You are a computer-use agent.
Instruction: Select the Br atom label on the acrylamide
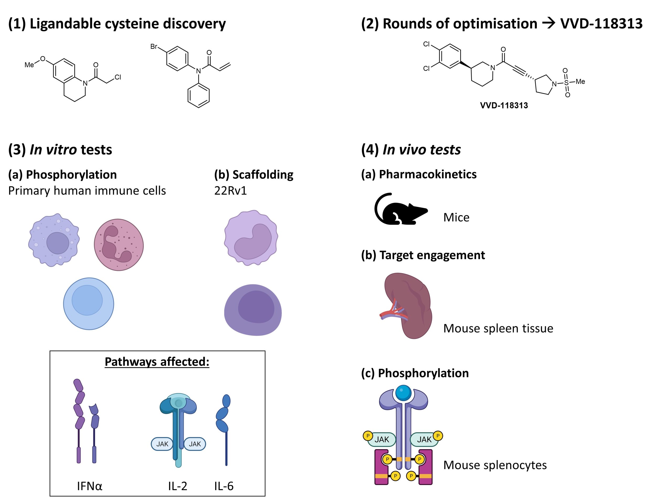pos(154,46)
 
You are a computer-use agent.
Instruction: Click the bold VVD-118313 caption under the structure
pos(504,106)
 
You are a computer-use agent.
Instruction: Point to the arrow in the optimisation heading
pos(548,23)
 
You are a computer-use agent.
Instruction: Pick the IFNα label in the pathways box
pos(89,486)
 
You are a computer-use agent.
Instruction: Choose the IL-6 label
pos(224,486)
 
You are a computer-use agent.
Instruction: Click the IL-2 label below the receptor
pos(177,486)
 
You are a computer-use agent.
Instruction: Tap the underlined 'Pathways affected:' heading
pos(157,362)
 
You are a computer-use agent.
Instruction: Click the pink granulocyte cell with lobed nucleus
pos(119,245)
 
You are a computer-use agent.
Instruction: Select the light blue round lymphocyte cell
pos(88,303)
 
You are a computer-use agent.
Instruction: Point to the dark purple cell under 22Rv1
pos(253,310)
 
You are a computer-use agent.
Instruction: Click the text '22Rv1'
pos(230,191)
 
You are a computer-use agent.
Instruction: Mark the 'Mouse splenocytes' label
pos(495,465)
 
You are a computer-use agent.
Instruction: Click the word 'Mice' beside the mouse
pos(456,218)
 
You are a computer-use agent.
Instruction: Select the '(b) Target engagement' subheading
pos(423,255)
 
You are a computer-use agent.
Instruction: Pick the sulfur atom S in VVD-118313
pos(566,82)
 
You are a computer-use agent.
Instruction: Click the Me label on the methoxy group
pos(29,65)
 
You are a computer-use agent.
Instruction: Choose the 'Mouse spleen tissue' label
pos(498,328)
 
